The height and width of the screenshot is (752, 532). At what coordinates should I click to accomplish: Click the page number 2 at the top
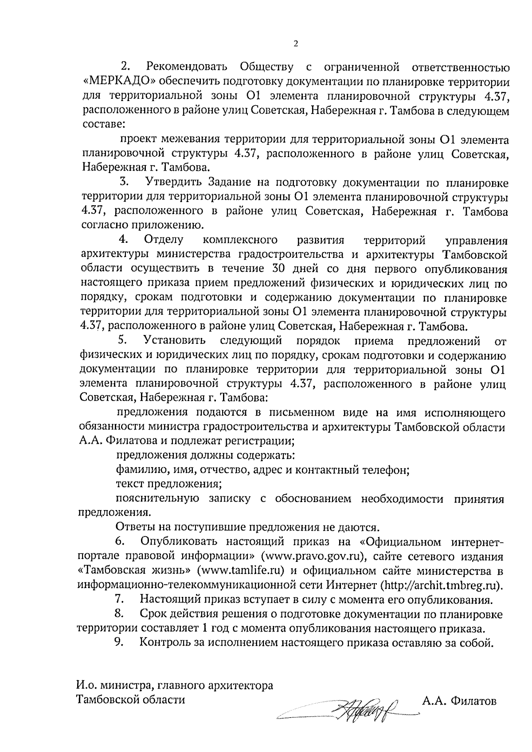point(296,43)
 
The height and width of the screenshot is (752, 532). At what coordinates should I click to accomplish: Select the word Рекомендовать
point(186,67)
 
